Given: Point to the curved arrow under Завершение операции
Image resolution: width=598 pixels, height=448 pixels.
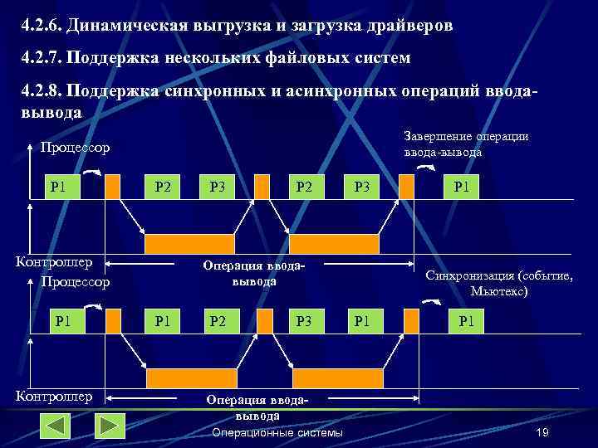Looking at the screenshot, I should (424, 168).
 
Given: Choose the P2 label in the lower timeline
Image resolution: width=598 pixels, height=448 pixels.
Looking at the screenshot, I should (218, 319).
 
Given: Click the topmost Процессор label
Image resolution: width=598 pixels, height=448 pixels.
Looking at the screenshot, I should (75, 148).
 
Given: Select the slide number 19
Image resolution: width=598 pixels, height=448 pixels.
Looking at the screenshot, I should (543, 433).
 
